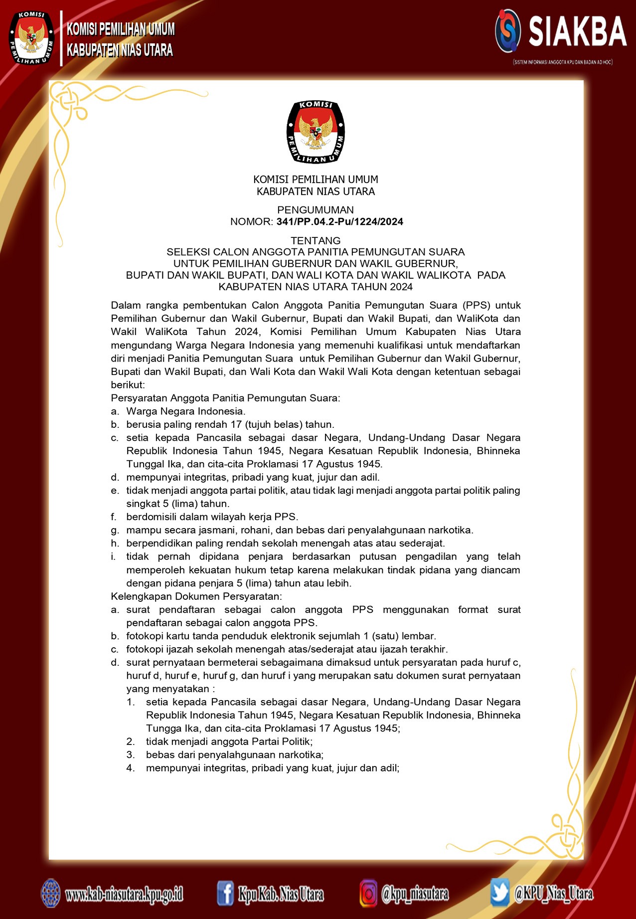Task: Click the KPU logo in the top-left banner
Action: (x=31, y=38)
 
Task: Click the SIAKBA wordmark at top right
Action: (x=577, y=31)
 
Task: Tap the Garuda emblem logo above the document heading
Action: (x=316, y=132)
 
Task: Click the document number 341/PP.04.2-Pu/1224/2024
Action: (x=340, y=222)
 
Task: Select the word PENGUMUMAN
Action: (x=316, y=210)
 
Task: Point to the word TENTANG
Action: (x=316, y=240)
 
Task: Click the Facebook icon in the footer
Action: (x=225, y=893)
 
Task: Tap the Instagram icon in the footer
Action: (x=368, y=893)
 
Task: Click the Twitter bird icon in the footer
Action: (x=499, y=893)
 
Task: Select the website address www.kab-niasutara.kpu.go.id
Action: (x=124, y=894)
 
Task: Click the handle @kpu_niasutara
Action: (x=415, y=894)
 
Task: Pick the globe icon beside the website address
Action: (x=50, y=893)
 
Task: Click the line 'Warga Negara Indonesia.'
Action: (x=185, y=411)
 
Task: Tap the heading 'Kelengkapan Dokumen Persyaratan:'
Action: (x=196, y=596)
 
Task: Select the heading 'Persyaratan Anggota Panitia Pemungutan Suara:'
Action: (x=225, y=398)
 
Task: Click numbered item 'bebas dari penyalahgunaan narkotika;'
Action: (x=235, y=755)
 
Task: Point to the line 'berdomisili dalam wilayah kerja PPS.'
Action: (x=212, y=517)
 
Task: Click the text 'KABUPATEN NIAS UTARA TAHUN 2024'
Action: (x=316, y=287)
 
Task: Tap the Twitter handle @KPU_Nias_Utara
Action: (x=553, y=893)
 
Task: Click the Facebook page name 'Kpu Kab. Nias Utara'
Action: (x=281, y=894)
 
